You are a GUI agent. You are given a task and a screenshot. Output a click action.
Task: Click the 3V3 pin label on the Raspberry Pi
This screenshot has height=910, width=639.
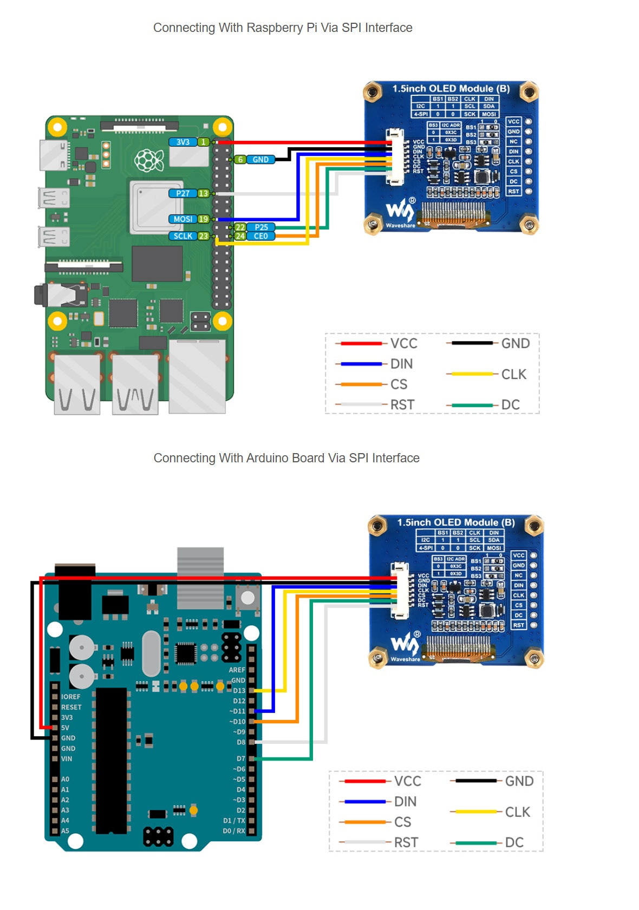(183, 142)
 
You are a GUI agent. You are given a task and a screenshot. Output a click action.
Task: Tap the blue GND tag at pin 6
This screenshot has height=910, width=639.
(260, 160)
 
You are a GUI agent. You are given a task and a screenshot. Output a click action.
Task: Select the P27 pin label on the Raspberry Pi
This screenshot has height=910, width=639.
(183, 193)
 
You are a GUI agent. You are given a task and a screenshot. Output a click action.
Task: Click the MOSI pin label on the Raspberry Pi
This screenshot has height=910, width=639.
(183, 219)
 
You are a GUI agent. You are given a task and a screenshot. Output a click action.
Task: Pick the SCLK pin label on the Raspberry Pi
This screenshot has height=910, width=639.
(183, 236)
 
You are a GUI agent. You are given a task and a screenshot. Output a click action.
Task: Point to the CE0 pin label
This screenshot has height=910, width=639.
(261, 236)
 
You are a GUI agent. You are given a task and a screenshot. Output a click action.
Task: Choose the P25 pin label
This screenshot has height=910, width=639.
(261, 227)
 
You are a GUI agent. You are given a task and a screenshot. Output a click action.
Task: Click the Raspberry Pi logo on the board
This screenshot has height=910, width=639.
(149, 160)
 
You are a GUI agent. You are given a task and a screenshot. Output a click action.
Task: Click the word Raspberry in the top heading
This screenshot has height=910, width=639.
(275, 28)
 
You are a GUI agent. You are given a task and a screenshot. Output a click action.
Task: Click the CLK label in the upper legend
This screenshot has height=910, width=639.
(514, 374)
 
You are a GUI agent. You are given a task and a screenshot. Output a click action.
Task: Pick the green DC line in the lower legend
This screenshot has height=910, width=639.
(476, 843)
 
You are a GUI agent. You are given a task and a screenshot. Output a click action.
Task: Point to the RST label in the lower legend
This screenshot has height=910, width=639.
(406, 843)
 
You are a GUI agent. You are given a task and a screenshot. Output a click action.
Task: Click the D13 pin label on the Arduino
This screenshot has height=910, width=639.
(239, 691)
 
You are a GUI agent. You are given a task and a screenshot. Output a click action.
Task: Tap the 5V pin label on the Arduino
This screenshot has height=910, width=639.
(65, 728)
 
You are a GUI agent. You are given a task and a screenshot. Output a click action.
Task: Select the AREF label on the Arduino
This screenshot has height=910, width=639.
(237, 670)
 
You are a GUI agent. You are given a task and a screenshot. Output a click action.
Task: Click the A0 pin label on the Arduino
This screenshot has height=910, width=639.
(65, 779)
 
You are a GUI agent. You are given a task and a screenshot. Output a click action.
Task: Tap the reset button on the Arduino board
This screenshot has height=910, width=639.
(247, 598)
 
